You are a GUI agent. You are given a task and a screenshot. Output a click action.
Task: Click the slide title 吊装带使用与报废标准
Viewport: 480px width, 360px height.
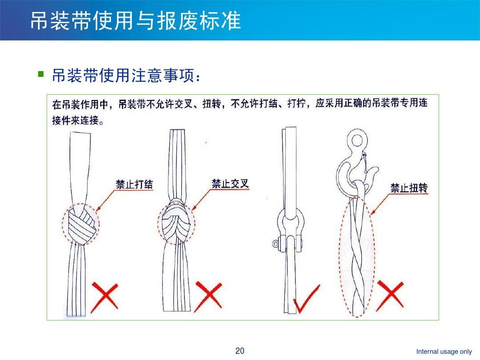click(x=136, y=21)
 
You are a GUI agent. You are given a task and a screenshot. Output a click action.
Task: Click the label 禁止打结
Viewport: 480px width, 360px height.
click(x=135, y=184)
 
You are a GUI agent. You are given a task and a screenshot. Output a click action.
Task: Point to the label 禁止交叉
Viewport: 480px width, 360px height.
click(x=230, y=184)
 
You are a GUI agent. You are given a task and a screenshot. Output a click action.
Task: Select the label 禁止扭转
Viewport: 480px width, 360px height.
click(x=409, y=188)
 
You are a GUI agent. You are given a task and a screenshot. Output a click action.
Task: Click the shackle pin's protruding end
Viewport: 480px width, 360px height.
click(x=276, y=244)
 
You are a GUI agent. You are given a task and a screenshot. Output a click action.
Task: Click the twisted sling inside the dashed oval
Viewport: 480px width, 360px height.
click(x=356, y=258)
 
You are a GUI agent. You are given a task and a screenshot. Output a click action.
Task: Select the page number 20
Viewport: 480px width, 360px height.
click(x=240, y=351)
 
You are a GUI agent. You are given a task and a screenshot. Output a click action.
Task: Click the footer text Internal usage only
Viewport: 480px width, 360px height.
click(x=444, y=352)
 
